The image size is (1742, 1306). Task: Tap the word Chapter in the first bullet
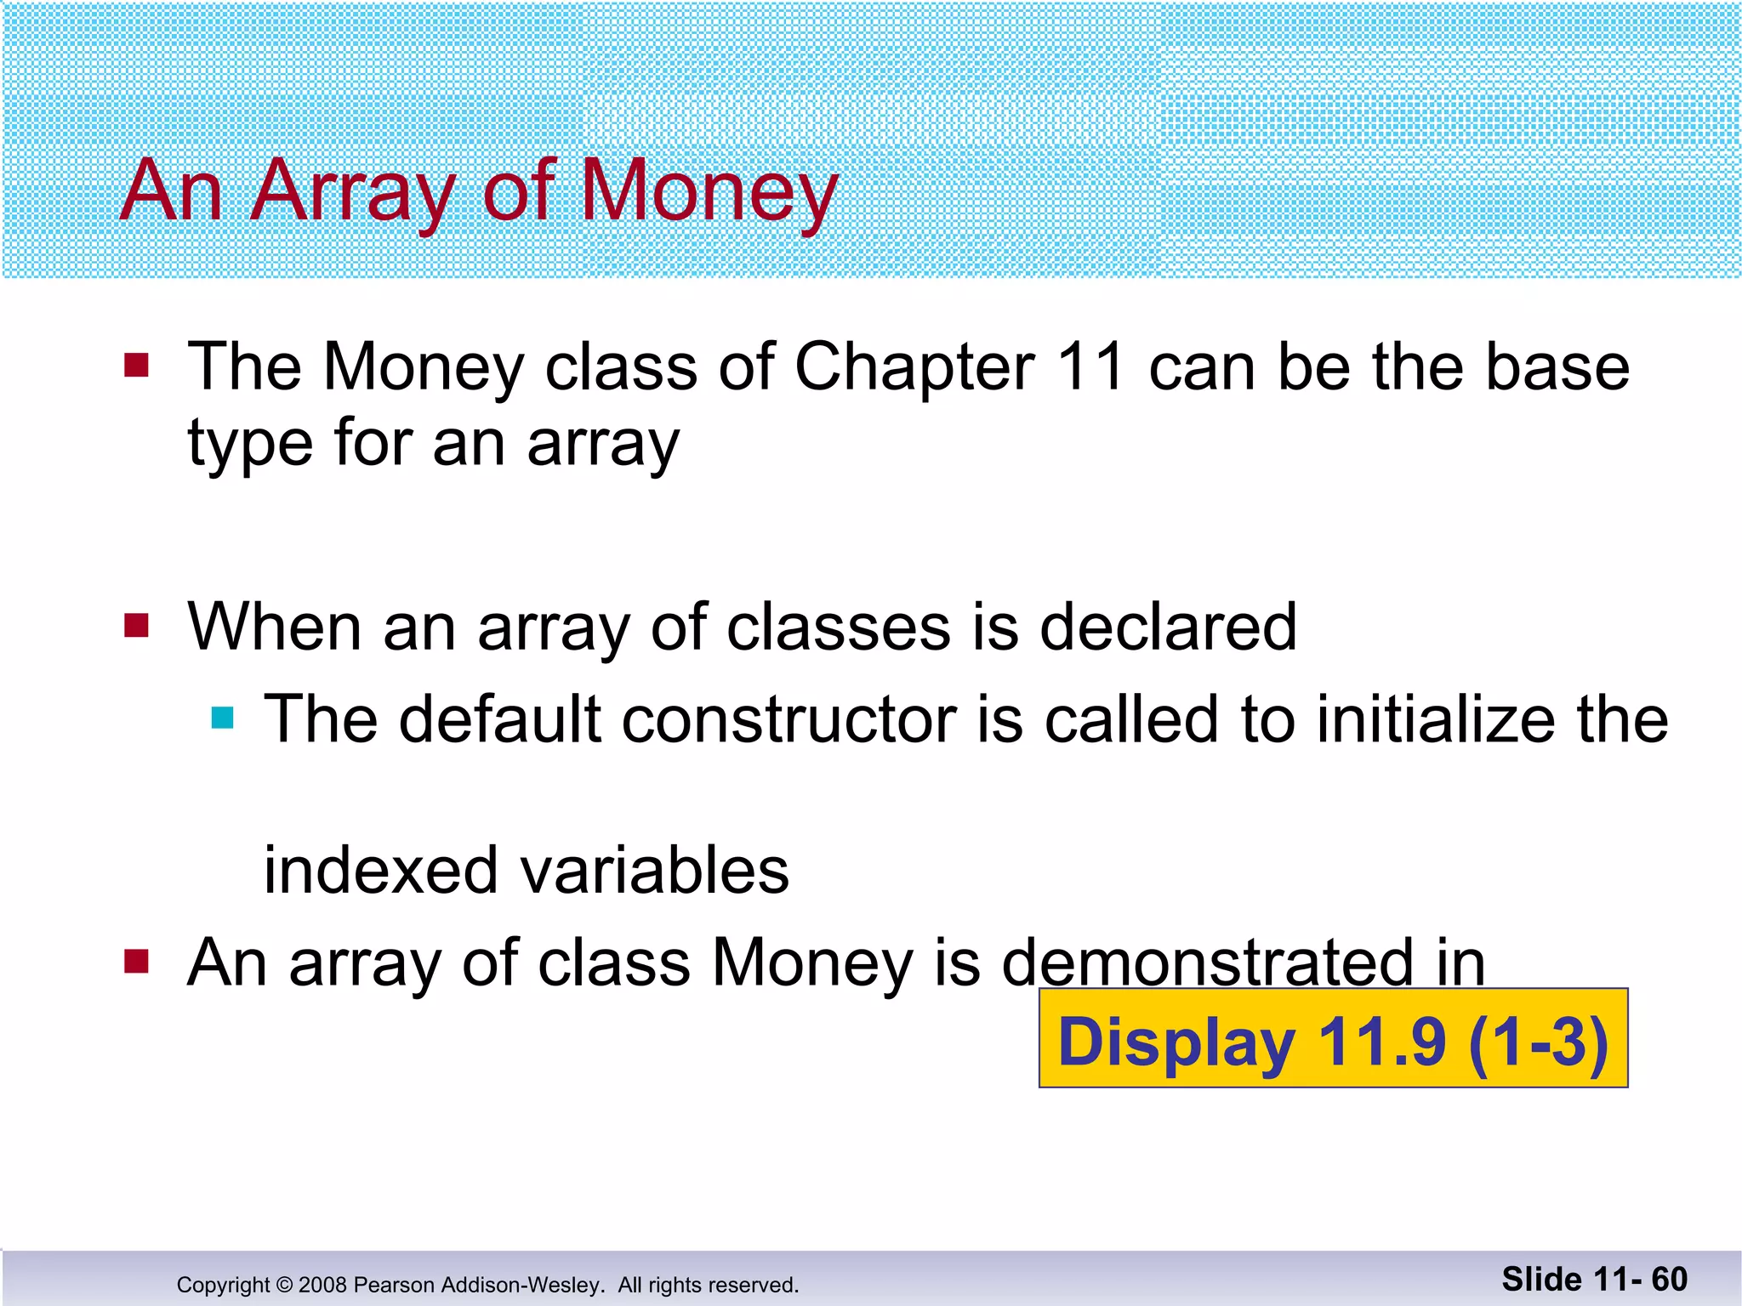pos(914,367)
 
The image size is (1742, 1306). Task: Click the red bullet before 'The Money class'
pos(136,366)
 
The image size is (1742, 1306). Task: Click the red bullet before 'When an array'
pos(136,626)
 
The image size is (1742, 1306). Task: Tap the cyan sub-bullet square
pos(222,718)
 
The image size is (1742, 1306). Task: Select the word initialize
pos(1437,719)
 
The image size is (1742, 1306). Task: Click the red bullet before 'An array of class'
pos(136,962)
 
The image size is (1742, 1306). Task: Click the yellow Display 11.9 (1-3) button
pos(1333,1038)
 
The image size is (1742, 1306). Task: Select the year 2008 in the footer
pos(322,1285)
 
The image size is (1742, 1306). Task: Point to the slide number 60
pos(1669,1280)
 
